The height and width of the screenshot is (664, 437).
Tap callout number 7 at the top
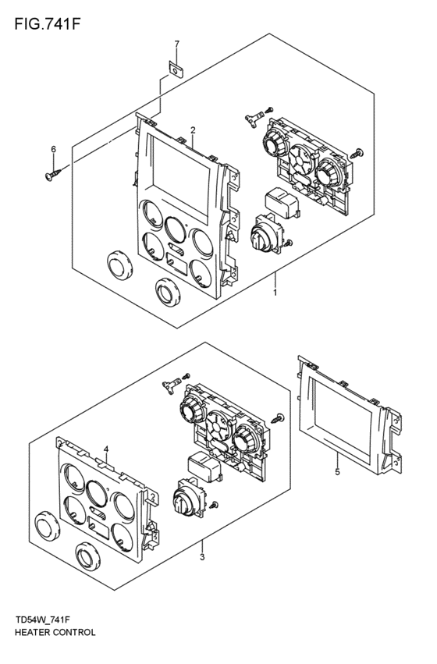pyautogui.click(x=176, y=44)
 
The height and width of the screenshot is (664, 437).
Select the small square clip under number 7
pyautogui.click(x=176, y=69)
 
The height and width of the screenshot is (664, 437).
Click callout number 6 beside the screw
pyautogui.click(x=53, y=149)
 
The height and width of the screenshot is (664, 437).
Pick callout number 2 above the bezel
pyautogui.click(x=192, y=130)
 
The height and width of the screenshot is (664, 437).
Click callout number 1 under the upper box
pyautogui.click(x=275, y=293)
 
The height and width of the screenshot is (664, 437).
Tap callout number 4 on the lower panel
pyautogui.click(x=106, y=449)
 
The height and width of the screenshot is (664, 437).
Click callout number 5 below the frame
pyautogui.click(x=337, y=472)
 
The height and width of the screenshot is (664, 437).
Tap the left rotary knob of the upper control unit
pyautogui.click(x=276, y=145)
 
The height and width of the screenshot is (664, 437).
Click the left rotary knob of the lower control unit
pyautogui.click(x=190, y=409)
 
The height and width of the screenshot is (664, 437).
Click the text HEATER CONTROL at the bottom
pyautogui.click(x=55, y=632)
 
